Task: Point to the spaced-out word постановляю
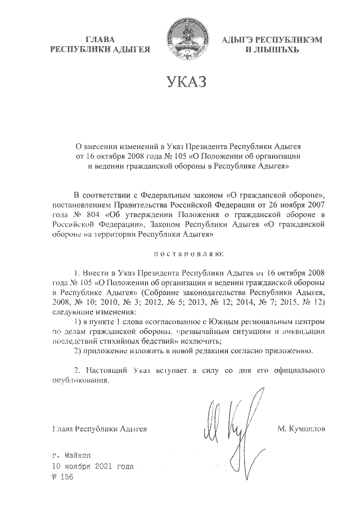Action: (186, 245)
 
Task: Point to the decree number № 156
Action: (62, 477)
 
